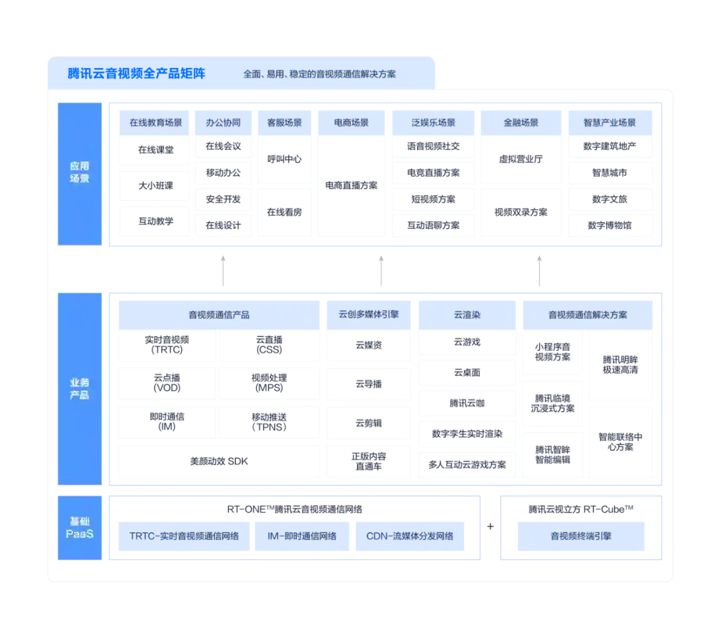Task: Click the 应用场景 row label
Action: pos(79,172)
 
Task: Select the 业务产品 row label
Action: pos(79,389)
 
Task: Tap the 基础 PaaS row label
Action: pos(79,527)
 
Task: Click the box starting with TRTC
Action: pos(184,536)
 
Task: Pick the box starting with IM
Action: pos(302,536)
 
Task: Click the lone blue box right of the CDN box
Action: pos(580,536)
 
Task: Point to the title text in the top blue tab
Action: pos(319,74)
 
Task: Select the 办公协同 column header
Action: pos(223,122)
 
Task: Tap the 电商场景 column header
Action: pos(350,122)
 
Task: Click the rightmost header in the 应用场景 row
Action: pos(610,122)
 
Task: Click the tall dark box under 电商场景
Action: pos(351,186)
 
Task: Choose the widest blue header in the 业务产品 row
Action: pos(219,315)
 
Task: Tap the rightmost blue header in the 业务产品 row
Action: pos(588,315)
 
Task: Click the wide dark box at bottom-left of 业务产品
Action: pos(218,462)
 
